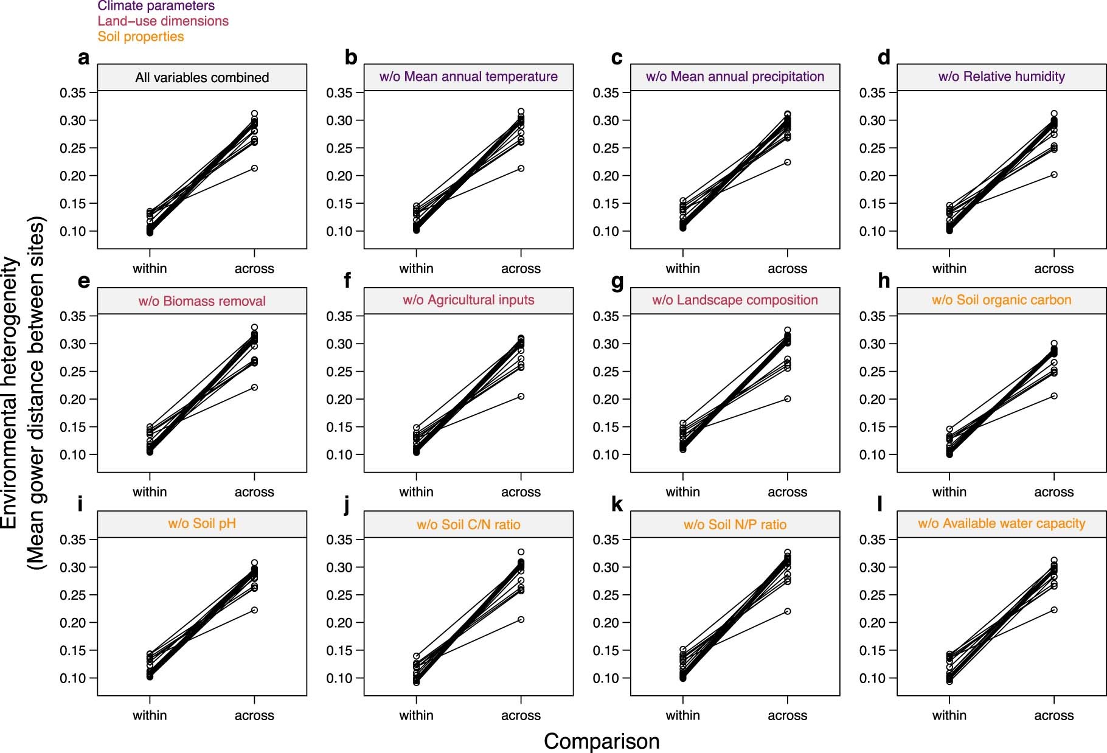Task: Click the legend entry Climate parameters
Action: [156, 6]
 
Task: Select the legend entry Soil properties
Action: [141, 36]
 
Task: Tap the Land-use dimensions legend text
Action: [163, 21]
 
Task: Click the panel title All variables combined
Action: [202, 77]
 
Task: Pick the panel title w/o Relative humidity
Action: [1001, 77]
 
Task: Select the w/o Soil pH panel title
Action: [202, 524]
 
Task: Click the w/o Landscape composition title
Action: [735, 300]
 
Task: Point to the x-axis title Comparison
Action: [601, 741]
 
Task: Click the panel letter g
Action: [617, 281]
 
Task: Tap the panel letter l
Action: [880, 504]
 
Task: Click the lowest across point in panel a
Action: [254, 168]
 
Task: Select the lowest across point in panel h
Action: [1054, 396]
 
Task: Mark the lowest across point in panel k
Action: [788, 611]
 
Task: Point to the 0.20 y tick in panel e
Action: [72, 400]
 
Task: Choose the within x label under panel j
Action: [416, 715]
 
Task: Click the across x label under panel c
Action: [787, 269]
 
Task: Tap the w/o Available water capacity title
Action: [1001, 524]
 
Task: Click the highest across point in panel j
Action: [521, 552]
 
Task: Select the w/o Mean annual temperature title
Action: [468, 77]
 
